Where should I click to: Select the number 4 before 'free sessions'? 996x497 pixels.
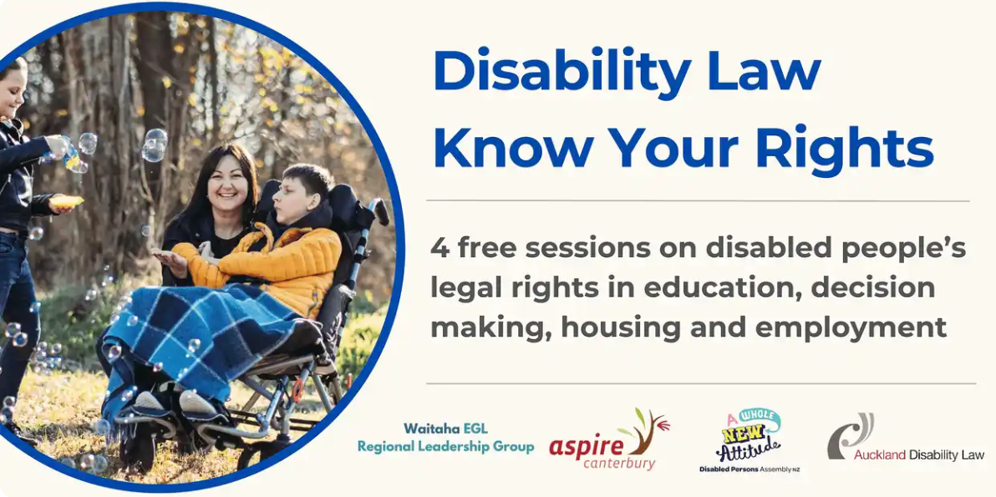tap(440, 247)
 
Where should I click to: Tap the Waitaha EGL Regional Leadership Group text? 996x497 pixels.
tap(445, 439)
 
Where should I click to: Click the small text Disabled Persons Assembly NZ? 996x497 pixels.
tap(750, 469)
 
